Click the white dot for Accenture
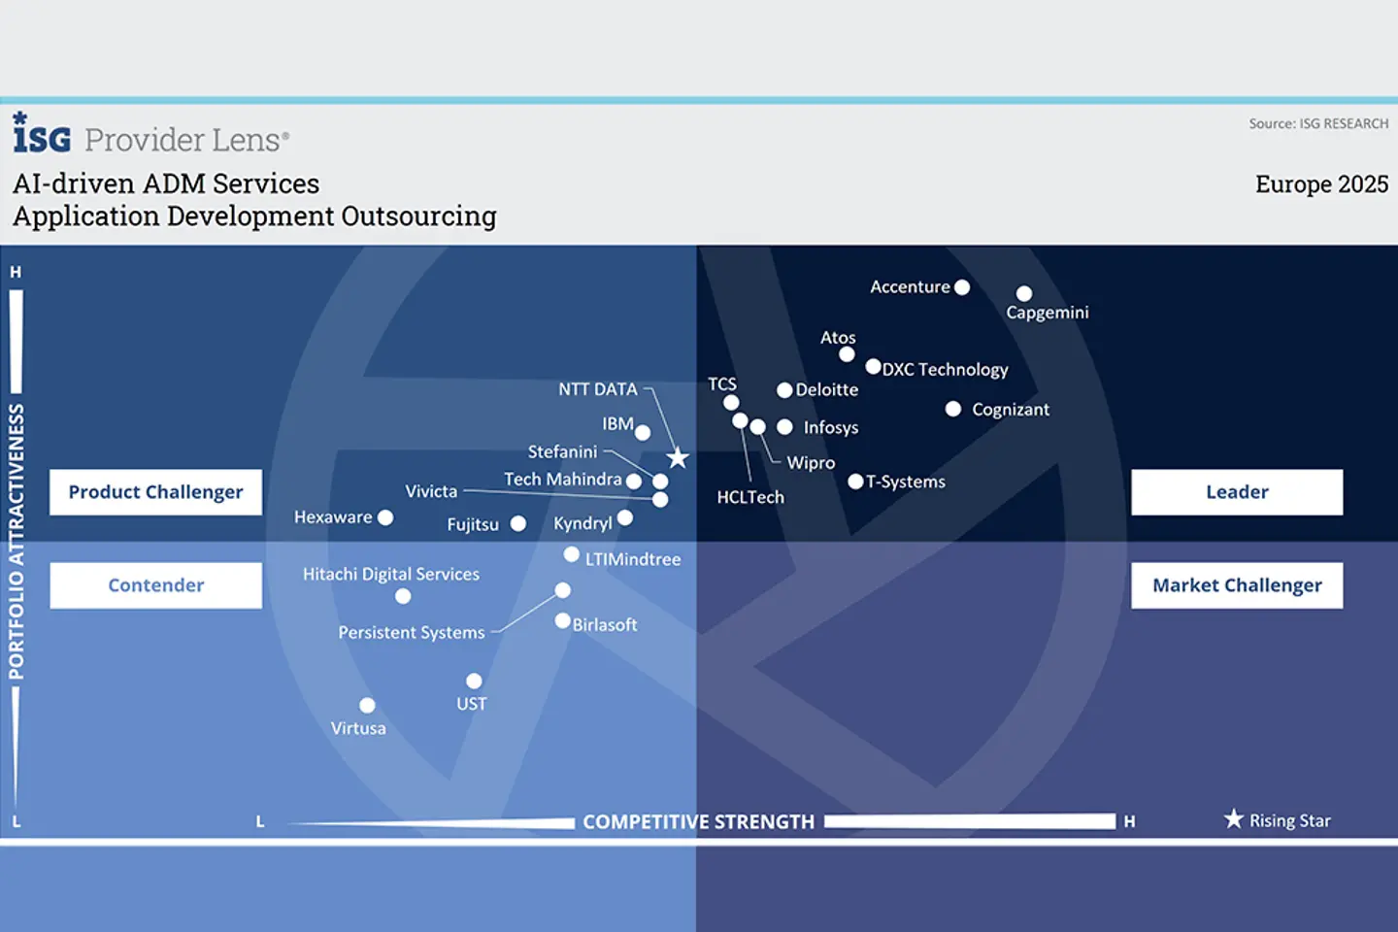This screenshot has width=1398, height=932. [962, 287]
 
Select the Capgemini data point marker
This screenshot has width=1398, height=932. [1023, 293]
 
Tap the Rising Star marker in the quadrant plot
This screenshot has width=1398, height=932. [678, 458]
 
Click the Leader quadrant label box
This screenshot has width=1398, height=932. [1237, 492]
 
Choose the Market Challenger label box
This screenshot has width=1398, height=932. [1237, 584]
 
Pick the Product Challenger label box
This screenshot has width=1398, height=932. [156, 492]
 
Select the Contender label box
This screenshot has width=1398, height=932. [156, 584]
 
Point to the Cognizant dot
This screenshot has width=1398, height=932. [953, 409]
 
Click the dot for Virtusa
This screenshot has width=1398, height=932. [367, 706]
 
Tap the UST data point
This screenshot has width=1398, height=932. [474, 681]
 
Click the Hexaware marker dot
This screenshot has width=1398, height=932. [385, 517]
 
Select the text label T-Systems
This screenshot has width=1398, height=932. [906, 482]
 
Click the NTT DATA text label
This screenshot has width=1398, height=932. [598, 389]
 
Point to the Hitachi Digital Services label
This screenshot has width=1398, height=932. [391, 575]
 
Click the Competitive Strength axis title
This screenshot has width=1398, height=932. [698, 821]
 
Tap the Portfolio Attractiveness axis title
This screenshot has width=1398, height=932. [17, 541]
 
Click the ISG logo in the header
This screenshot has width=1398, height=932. [42, 133]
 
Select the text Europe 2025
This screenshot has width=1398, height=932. [1322, 184]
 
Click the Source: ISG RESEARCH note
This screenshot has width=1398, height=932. [1318, 123]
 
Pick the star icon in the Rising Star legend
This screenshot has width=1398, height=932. [1233, 818]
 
